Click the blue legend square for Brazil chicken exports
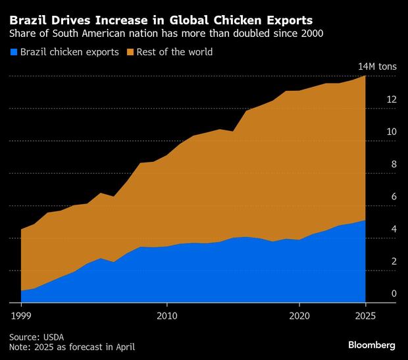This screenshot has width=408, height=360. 14,52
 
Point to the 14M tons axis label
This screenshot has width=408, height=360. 376,67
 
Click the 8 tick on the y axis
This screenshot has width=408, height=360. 394,164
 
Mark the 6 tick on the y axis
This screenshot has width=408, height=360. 394,196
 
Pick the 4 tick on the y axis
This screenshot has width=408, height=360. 394,229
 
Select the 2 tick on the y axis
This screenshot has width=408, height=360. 394,261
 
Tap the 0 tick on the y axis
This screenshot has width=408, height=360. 394,294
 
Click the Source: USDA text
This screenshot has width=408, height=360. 36,336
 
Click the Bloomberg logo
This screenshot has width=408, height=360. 372,345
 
